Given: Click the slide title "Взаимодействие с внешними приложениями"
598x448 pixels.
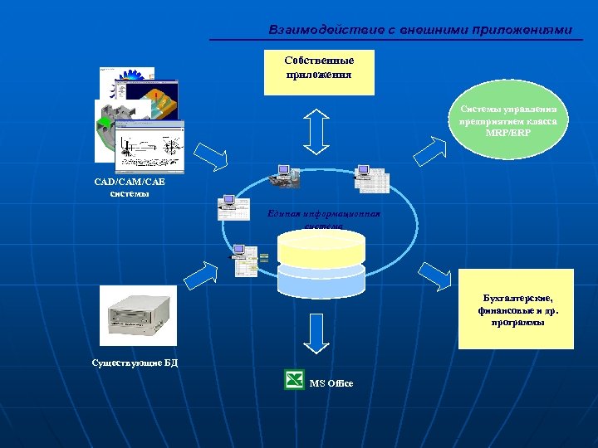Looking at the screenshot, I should [x=420, y=30].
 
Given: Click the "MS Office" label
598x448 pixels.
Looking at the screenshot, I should [x=331, y=383].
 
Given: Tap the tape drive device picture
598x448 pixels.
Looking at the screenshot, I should [x=138, y=316].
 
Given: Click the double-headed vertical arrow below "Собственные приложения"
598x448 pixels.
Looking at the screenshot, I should [x=318, y=129].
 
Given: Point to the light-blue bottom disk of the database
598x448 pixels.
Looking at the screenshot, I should [x=321, y=282].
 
